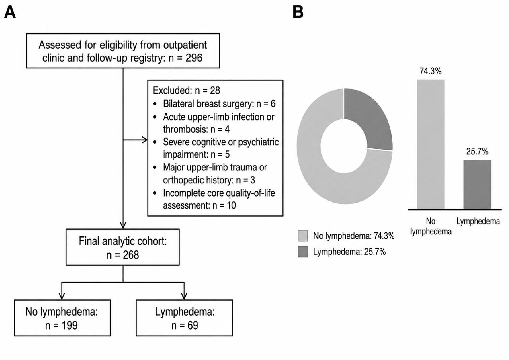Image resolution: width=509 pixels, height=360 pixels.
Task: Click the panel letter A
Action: tap(10, 12)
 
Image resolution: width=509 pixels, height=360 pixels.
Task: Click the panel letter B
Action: tap(298, 12)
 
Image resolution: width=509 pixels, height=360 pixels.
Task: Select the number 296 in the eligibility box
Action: tap(194, 58)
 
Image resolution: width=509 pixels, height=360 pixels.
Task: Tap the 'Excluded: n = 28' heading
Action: tap(186, 91)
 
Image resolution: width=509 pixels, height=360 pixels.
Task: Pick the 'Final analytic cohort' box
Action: tap(123, 247)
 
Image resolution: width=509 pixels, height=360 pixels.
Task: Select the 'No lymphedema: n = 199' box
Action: tap(62, 318)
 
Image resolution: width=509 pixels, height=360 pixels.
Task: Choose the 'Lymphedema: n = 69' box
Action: tap(184, 318)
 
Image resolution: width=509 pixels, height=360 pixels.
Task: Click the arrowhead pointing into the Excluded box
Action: tap(145, 140)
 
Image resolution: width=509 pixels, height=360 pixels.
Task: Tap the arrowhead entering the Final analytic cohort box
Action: tap(123, 225)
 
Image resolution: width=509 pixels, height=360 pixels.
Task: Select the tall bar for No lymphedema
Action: tap(431, 145)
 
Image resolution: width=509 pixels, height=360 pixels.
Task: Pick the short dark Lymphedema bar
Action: tap(477, 185)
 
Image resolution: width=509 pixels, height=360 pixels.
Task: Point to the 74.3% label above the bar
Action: tap(431, 71)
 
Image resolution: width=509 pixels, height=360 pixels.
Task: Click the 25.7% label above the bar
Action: tap(477, 152)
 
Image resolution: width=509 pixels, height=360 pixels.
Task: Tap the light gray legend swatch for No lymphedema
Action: tap(303, 235)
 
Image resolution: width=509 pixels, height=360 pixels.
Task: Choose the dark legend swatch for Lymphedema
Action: tap(303, 252)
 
